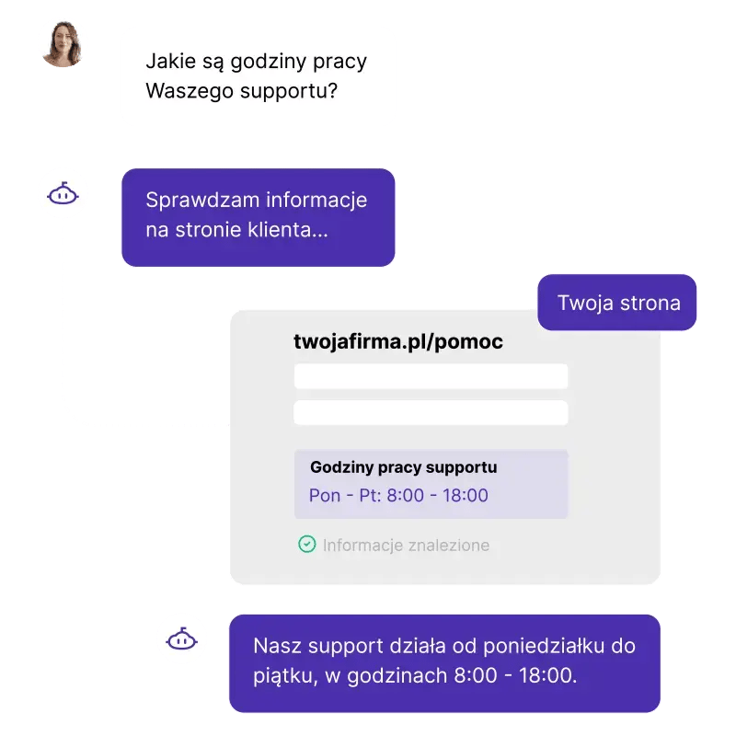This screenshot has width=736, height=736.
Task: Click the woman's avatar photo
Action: [x=63, y=43]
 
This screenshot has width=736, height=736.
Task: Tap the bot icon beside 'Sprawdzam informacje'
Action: [x=63, y=193]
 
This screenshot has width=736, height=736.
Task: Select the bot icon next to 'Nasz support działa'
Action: [x=181, y=638]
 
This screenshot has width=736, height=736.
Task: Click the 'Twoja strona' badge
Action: [x=616, y=303]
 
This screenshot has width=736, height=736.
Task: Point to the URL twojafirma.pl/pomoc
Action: [x=398, y=341]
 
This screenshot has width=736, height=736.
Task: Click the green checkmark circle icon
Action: [x=307, y=545]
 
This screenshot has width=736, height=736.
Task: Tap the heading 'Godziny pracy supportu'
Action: [x=403, y=467]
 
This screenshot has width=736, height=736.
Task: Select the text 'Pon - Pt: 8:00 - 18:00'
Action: [x=398, y=495]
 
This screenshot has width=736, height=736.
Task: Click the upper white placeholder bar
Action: [x=431, y=376]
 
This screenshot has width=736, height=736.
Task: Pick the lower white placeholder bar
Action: [x=431, y=412]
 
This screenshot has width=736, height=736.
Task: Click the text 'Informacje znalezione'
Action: [x=406, y=545]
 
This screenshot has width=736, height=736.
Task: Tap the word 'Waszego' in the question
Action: [x=190, y=91]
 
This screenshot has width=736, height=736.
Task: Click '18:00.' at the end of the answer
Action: [x=547, y=676]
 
